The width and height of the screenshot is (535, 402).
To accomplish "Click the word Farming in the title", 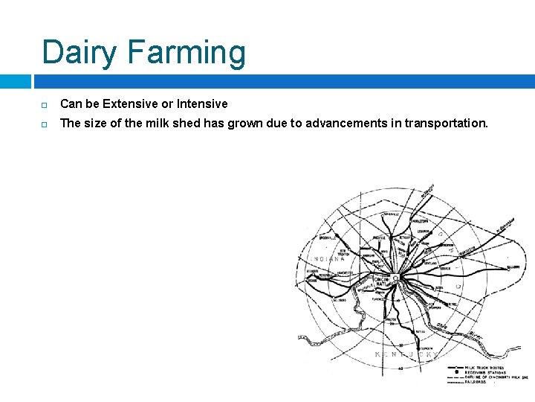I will (187, 53).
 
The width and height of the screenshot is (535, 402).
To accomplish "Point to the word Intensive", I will (202, 103).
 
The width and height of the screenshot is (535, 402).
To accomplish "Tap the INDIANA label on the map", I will (331, 259).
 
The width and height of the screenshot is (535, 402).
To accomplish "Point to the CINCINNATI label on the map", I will (381, 281).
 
